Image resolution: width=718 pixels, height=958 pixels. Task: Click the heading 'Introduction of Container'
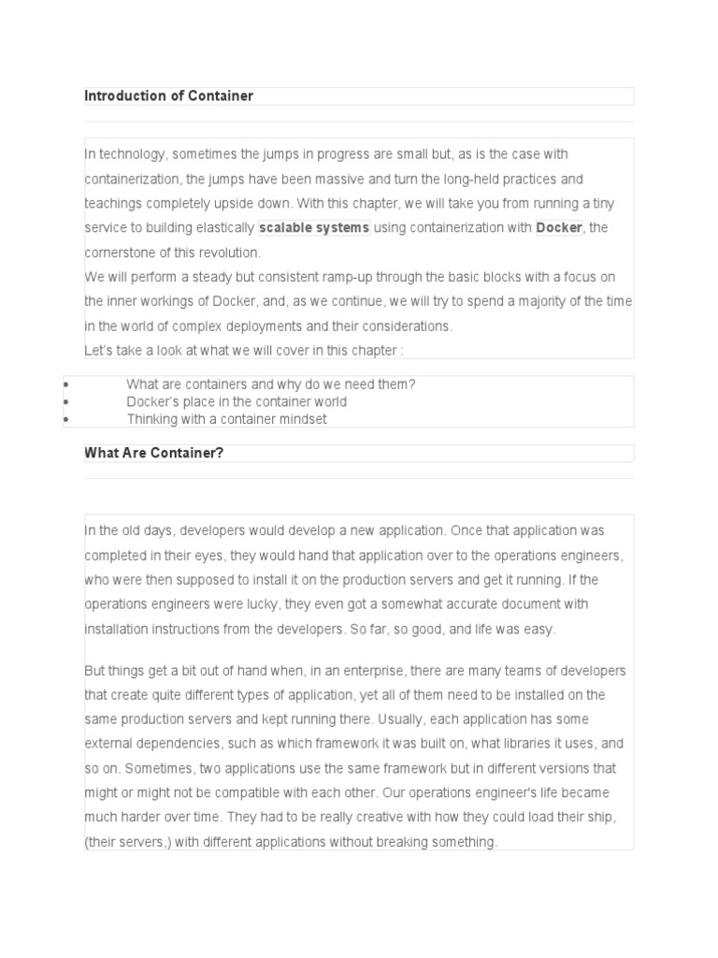168,96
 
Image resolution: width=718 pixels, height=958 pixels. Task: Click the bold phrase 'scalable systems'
314,228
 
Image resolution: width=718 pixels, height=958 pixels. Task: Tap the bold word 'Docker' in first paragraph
558,228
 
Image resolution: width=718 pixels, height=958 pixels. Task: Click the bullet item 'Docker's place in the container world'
237,402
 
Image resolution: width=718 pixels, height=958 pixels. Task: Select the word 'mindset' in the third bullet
303,419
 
